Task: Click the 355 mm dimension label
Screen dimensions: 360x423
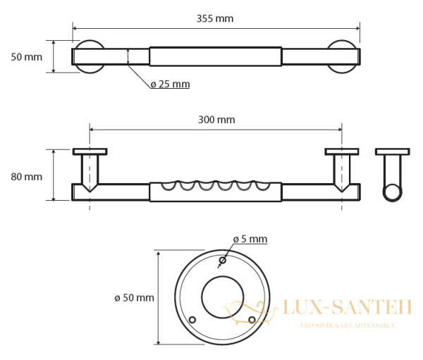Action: click(x=215, y=18)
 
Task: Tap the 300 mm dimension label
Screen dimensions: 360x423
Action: click(x=216, y=120)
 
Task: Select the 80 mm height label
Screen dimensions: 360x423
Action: click(x=27, y=177)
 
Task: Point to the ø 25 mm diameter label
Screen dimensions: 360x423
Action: click(x=170, y=85)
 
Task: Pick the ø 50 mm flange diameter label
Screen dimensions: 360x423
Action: click(x=134, y=298)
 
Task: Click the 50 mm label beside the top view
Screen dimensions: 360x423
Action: click(x=27, y=57)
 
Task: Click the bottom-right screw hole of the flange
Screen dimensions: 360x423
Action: click(x=252, y=320)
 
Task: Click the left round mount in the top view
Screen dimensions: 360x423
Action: click(x=90, y=56)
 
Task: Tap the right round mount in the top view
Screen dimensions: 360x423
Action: click(x=343, y=56)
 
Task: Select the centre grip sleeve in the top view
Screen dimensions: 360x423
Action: click(x=216, y=56)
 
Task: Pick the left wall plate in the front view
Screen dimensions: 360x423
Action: click(x=90, y=151)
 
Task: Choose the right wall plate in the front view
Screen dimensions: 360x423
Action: click(x=342, y=151)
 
